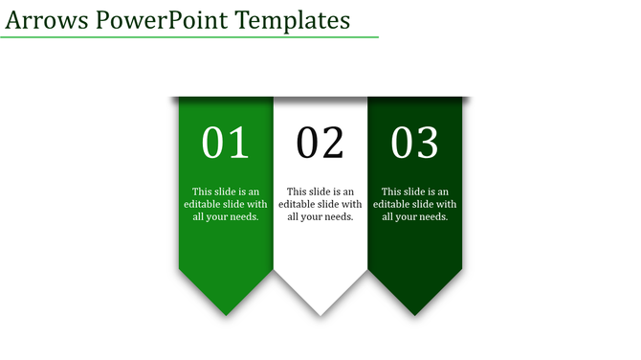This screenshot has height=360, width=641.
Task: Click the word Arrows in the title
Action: point(47,19)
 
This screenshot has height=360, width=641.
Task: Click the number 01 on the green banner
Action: point(226,143)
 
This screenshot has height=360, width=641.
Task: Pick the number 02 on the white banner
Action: point(320,143)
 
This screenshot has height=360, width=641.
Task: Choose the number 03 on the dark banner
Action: point(415,143)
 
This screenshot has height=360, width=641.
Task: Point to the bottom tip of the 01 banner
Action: point(226,313)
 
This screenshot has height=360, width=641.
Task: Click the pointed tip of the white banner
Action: point(320,313)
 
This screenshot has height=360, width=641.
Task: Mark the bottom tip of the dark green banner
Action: point(415,313)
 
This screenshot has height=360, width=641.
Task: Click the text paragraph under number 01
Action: point(226,204)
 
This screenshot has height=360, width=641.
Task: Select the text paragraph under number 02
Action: point(320,204)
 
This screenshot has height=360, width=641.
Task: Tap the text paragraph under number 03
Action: point(415,204)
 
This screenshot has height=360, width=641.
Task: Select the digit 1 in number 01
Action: point(238,143)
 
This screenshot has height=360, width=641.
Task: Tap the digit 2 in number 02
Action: point(332,143)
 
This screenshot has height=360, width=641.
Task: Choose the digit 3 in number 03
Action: point(427,143)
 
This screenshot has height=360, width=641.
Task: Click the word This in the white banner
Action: point(297,191)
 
